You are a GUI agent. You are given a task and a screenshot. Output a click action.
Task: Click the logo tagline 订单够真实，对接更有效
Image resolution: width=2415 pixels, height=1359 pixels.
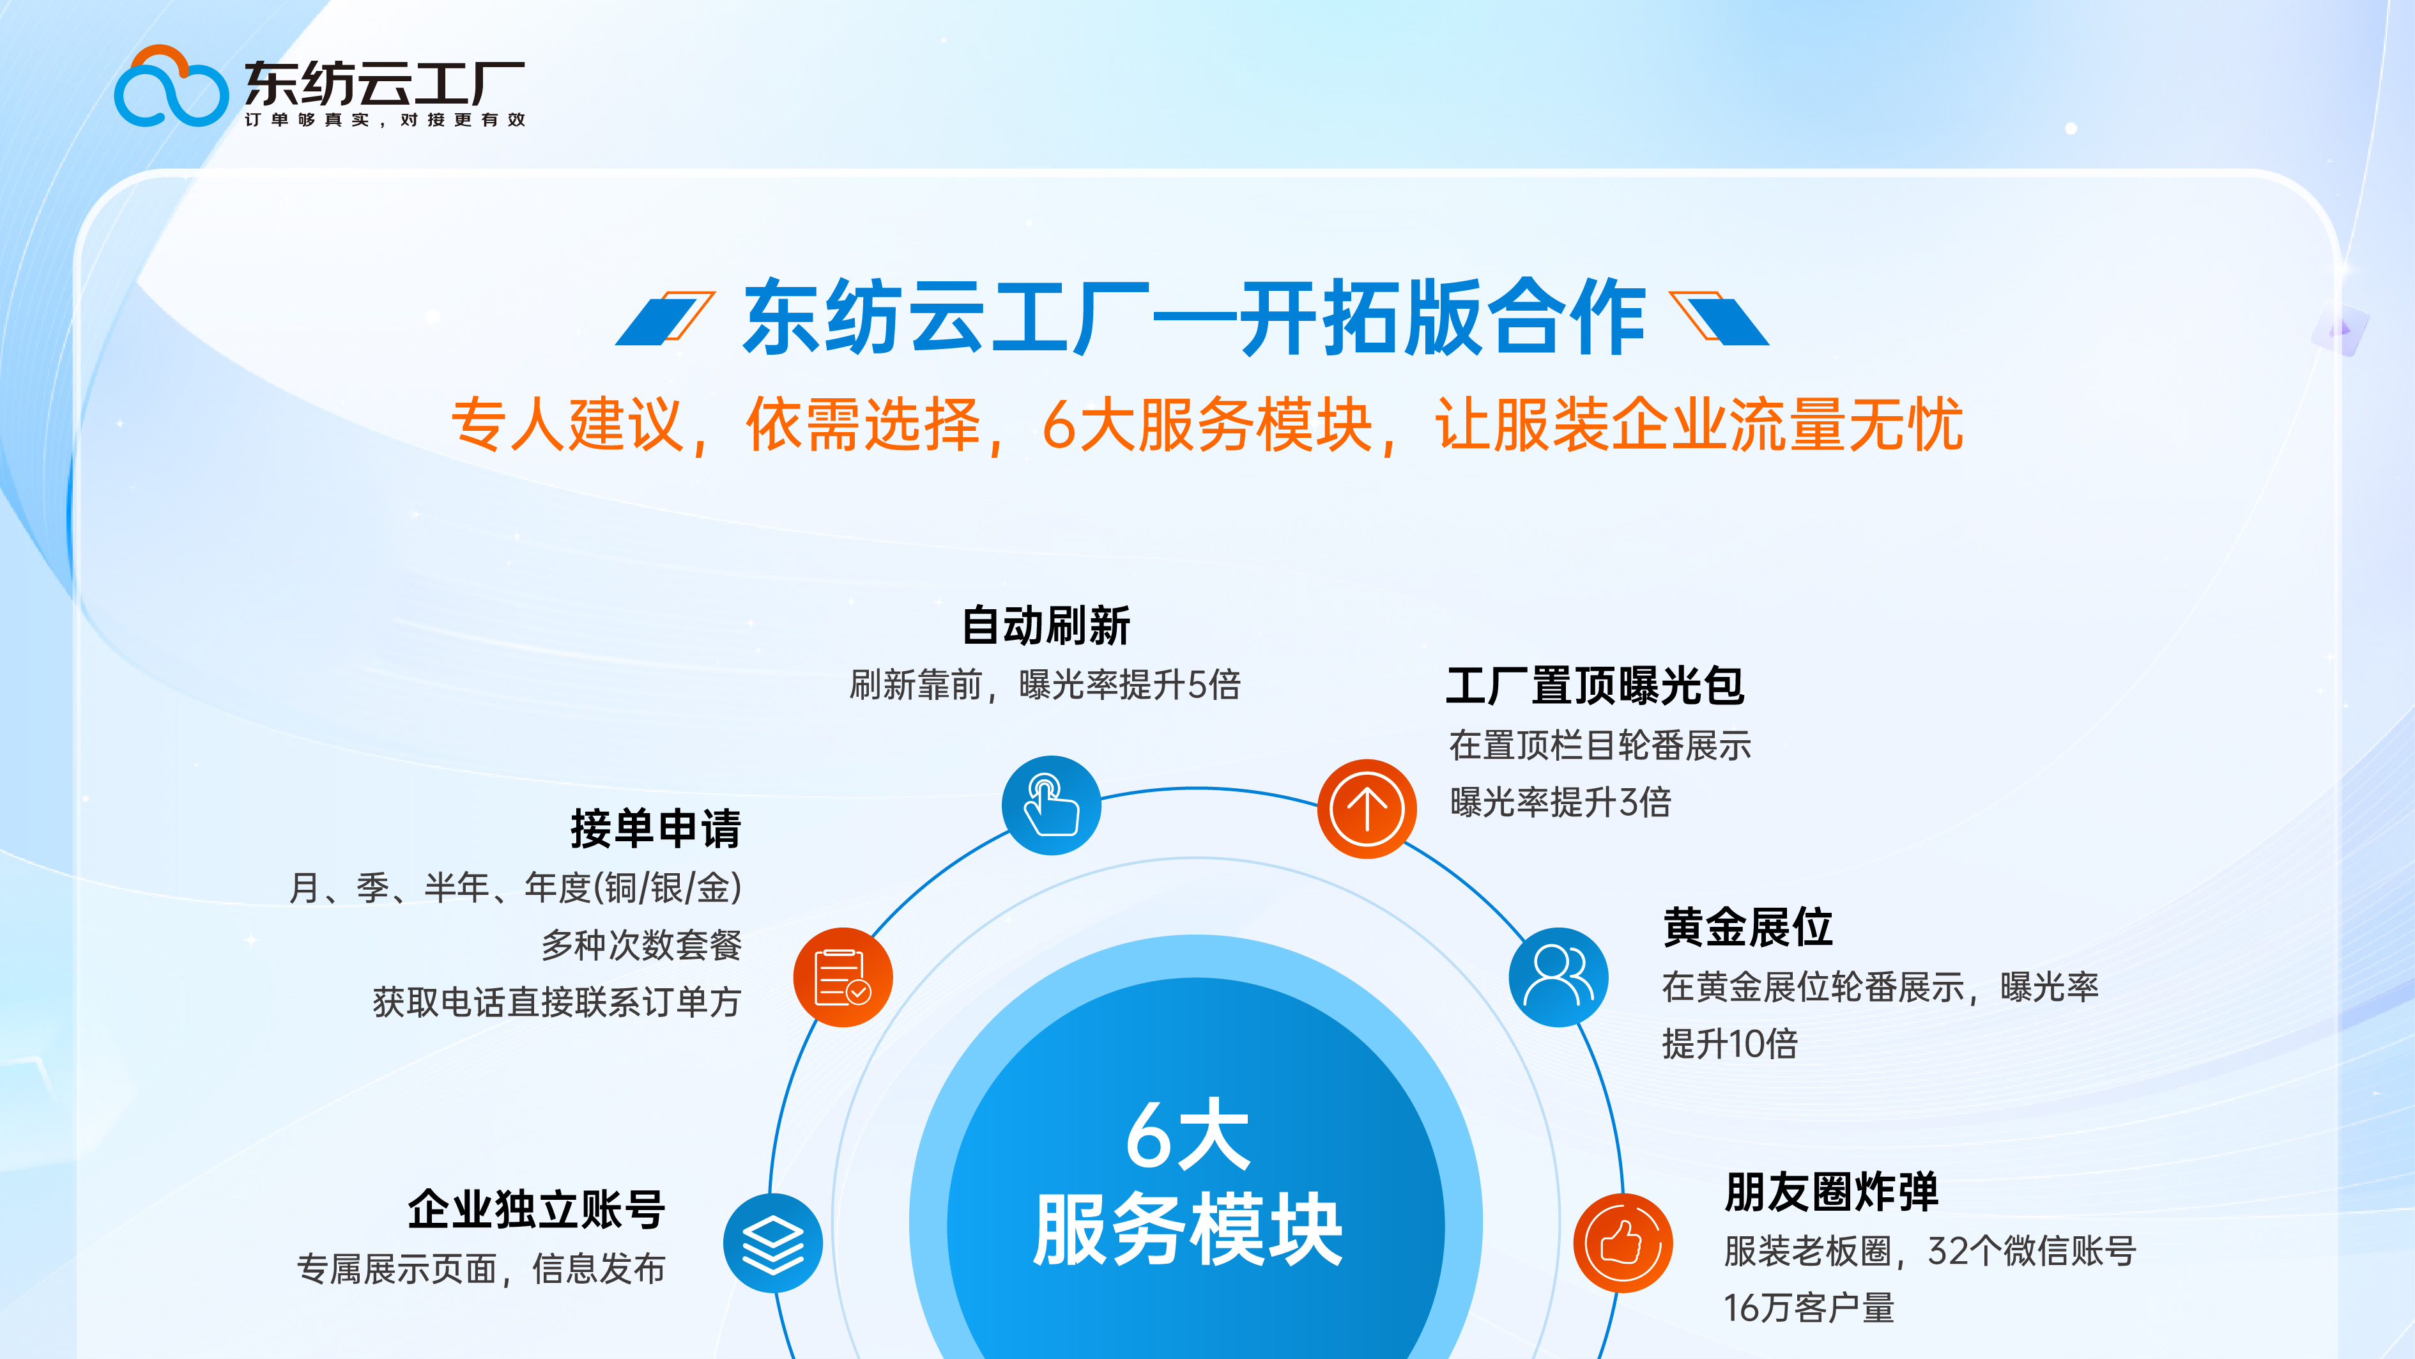coord(385,120)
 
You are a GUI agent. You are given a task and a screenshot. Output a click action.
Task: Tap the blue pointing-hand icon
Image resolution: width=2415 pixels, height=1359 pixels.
coord(1051,805)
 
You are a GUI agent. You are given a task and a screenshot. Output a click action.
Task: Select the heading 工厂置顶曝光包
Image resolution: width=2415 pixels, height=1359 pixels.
coord(1594,686)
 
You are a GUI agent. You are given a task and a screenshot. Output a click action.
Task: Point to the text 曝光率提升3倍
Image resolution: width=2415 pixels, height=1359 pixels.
coord(1560,802)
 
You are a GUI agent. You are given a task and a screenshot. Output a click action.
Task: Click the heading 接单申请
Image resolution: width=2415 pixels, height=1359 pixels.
coord(655,828)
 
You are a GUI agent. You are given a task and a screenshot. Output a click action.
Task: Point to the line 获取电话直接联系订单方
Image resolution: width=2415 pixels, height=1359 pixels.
coord(557,1002)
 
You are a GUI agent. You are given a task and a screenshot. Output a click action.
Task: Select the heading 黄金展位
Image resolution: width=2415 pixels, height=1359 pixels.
coord(1747,927)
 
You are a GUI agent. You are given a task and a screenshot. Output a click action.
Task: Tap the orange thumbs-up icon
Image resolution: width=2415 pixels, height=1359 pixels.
coord(1622,1243)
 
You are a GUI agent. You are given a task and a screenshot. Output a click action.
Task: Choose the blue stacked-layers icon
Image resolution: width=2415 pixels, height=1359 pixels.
coord(772,1243)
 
